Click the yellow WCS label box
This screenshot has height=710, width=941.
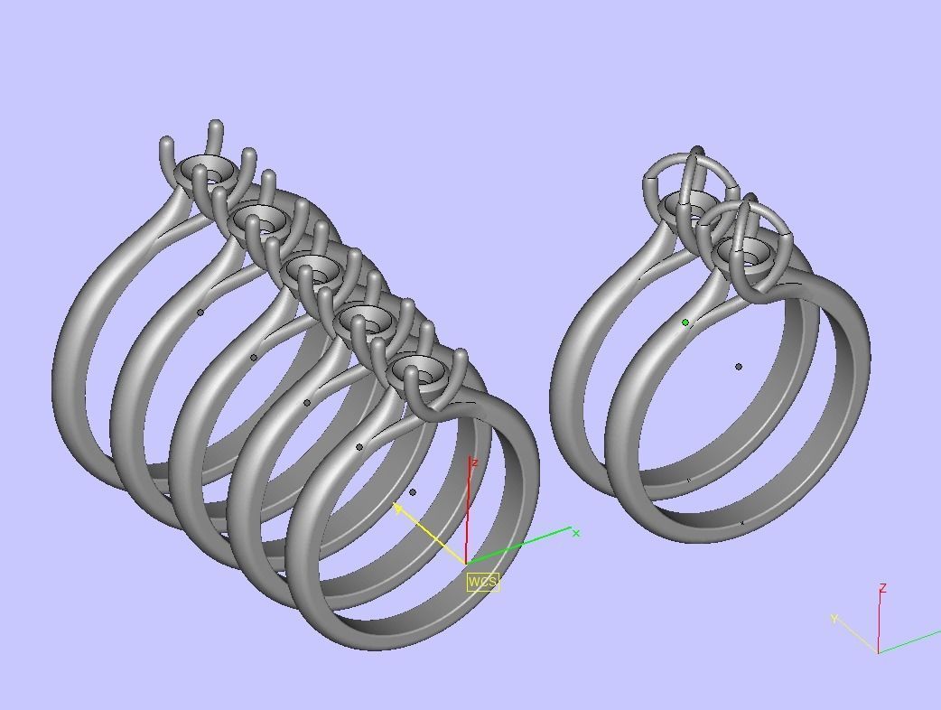click(x=482, y=581)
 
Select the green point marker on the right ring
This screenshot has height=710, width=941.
click(x=685, y=322)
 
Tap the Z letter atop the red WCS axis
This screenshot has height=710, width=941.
click(x=474, y=462)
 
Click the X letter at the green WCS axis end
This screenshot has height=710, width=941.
click(x=576, y=533)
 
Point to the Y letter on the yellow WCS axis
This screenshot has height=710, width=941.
click(x=397, y=509)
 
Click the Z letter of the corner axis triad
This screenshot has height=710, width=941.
click(x=882, y=588)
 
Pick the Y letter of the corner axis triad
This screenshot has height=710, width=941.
click(x=834, y=619)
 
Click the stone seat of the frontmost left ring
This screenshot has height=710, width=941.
click(x=419, y=369)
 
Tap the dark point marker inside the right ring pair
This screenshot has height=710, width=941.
click(x=739, y=367)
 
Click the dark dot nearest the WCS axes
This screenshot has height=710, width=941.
click(x=413, y=492)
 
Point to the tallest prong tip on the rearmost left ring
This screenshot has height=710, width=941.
click(x=215, y=126)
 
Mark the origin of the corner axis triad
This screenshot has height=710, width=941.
click(x=877, y=652)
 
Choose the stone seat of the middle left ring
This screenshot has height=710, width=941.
click(x=313, y=269)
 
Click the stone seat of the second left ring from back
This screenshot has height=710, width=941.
click(x=261, y=219)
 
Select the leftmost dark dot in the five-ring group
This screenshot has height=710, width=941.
click(x=200, y=313)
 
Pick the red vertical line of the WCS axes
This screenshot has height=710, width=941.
click(x=467, y=515)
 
